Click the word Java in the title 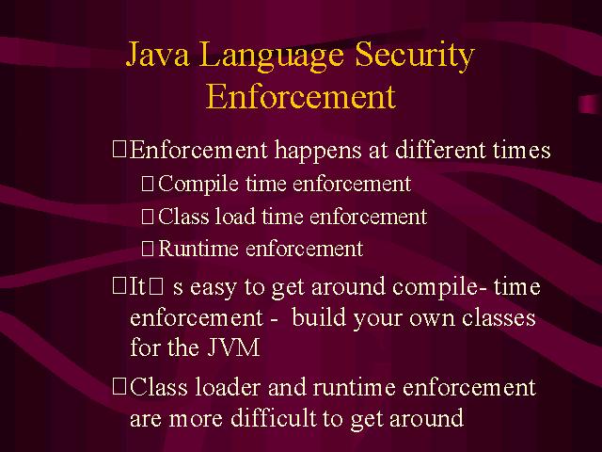click(x=157, y=55)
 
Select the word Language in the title click(x=272, y=56)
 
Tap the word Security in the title click(x=415, y=56)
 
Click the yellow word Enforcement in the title click(x=301, y=96)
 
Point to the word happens click(x=318, y=151)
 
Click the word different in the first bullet click(x=440, y=150)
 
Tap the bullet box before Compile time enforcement click(x=148, y=184)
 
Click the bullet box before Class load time click(x=148, y=217)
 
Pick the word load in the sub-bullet click(x=235, y=216)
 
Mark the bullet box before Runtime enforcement click(x=148, y=249)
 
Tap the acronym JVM click(x=234, y=347)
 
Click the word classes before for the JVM click(x=499, y=317)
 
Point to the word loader click(x=228, y=387)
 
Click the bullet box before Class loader click(x=119, y=387)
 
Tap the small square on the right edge click(x=590, y=105)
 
